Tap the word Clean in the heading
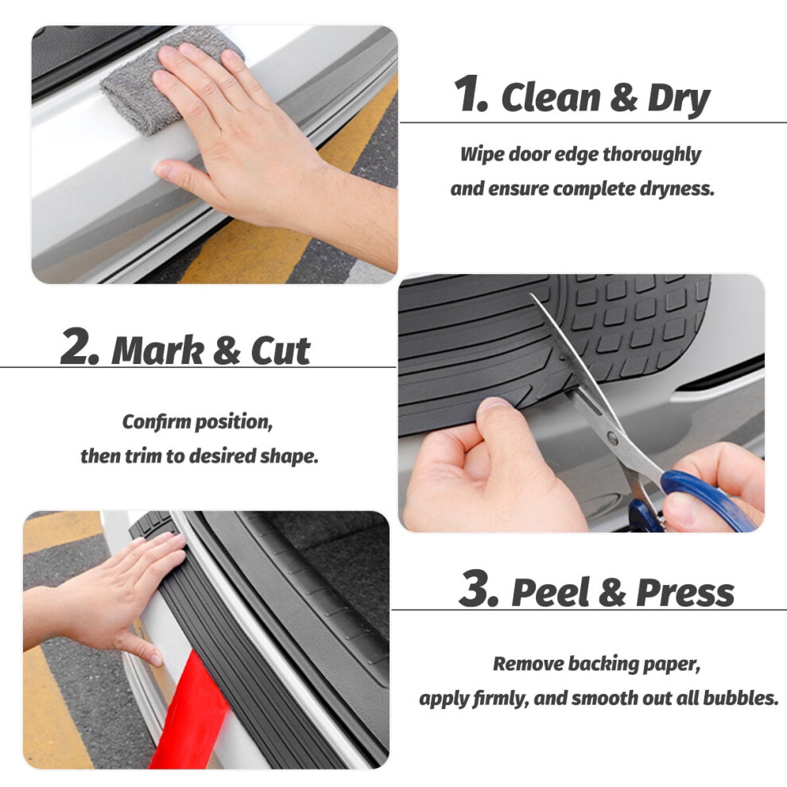tap(550, 97)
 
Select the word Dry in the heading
tap(679, 99)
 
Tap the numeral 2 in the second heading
tap(79, 346)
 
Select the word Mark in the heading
tap(157, 350)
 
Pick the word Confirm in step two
tap(157, 422)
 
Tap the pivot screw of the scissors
tap(613, 438)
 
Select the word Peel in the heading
tap(550, 592)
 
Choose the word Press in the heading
tap(685, 592)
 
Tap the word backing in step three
tap(601, 665)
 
